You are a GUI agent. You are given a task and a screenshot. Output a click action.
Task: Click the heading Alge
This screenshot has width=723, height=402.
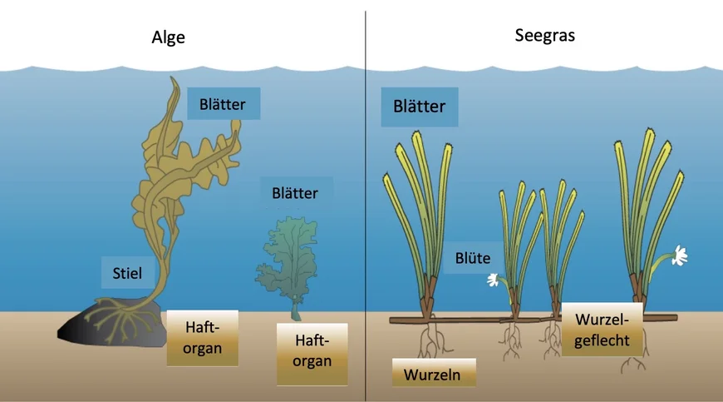pyautogui.click(x=169, y=37)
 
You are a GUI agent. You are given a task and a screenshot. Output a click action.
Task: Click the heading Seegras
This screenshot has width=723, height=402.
pyautogui.click(x=544, y=36)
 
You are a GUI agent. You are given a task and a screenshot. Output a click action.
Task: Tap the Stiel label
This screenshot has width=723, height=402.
pyautogui.click(x=127, y=273)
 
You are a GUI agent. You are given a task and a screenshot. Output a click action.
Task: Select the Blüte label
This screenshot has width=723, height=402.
pyautogui.click(x=473, y=258)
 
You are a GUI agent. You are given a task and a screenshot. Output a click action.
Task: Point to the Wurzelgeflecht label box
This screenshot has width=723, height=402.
pyautogui.click(x=602, y=330)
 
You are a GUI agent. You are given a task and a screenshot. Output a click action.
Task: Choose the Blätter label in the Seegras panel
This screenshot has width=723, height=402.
pyautogui.click(x=419, y=107)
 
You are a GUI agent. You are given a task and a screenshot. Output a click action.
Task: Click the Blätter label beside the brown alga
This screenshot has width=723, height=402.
pyautogui.click(x=224, y=104)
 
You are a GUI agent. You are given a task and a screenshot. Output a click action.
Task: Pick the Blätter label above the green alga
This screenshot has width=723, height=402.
pyautogui.click(x=295, y=193)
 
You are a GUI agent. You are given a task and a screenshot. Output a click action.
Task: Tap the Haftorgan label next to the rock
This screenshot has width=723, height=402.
pyautogui.click(x=203, y=337)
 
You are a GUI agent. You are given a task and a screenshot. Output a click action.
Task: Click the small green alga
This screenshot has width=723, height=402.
pyautogui.click(x=288, y=263)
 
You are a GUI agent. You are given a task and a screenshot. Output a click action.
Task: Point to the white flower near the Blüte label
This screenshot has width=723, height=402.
pyautogui.click(x=493, y=280)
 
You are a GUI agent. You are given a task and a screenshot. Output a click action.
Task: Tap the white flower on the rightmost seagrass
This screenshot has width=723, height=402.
pyautogui.click(x=679, y=256)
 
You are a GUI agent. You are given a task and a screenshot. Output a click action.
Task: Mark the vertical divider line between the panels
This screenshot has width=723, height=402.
pyautogui.click(x=366, y=206)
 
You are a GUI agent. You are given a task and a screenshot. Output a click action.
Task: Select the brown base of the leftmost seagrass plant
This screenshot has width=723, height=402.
pyautogui.click(x=427, y=295)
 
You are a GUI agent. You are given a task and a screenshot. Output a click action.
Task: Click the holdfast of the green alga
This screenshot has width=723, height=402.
pyautogui.click(x=296, y=310)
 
